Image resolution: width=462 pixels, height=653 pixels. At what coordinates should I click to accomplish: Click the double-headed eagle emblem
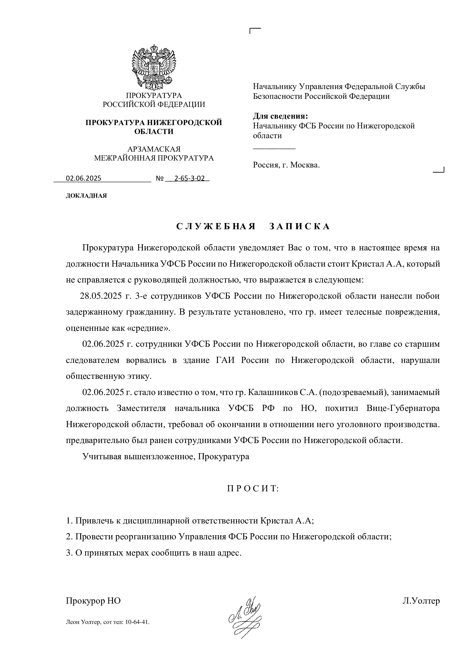point(154,68)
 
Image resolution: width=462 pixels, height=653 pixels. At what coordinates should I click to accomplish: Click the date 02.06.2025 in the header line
point(83,178)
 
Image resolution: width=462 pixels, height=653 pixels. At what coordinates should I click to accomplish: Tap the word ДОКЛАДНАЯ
point(86,196)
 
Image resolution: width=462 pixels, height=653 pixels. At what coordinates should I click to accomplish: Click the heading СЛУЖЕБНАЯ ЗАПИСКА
point(253,226)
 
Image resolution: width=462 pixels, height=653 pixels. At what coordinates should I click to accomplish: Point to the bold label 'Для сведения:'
point(280,116)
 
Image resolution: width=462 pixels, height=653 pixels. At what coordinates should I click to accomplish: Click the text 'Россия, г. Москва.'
point(286,165)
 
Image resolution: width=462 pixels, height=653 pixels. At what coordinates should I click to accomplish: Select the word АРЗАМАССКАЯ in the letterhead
point(154,149)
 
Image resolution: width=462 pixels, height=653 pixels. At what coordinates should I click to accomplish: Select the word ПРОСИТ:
point(253,489)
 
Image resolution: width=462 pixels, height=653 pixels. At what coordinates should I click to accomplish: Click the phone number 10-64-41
point(138,622)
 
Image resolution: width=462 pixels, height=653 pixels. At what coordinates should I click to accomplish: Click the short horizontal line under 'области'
point(274,149)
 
